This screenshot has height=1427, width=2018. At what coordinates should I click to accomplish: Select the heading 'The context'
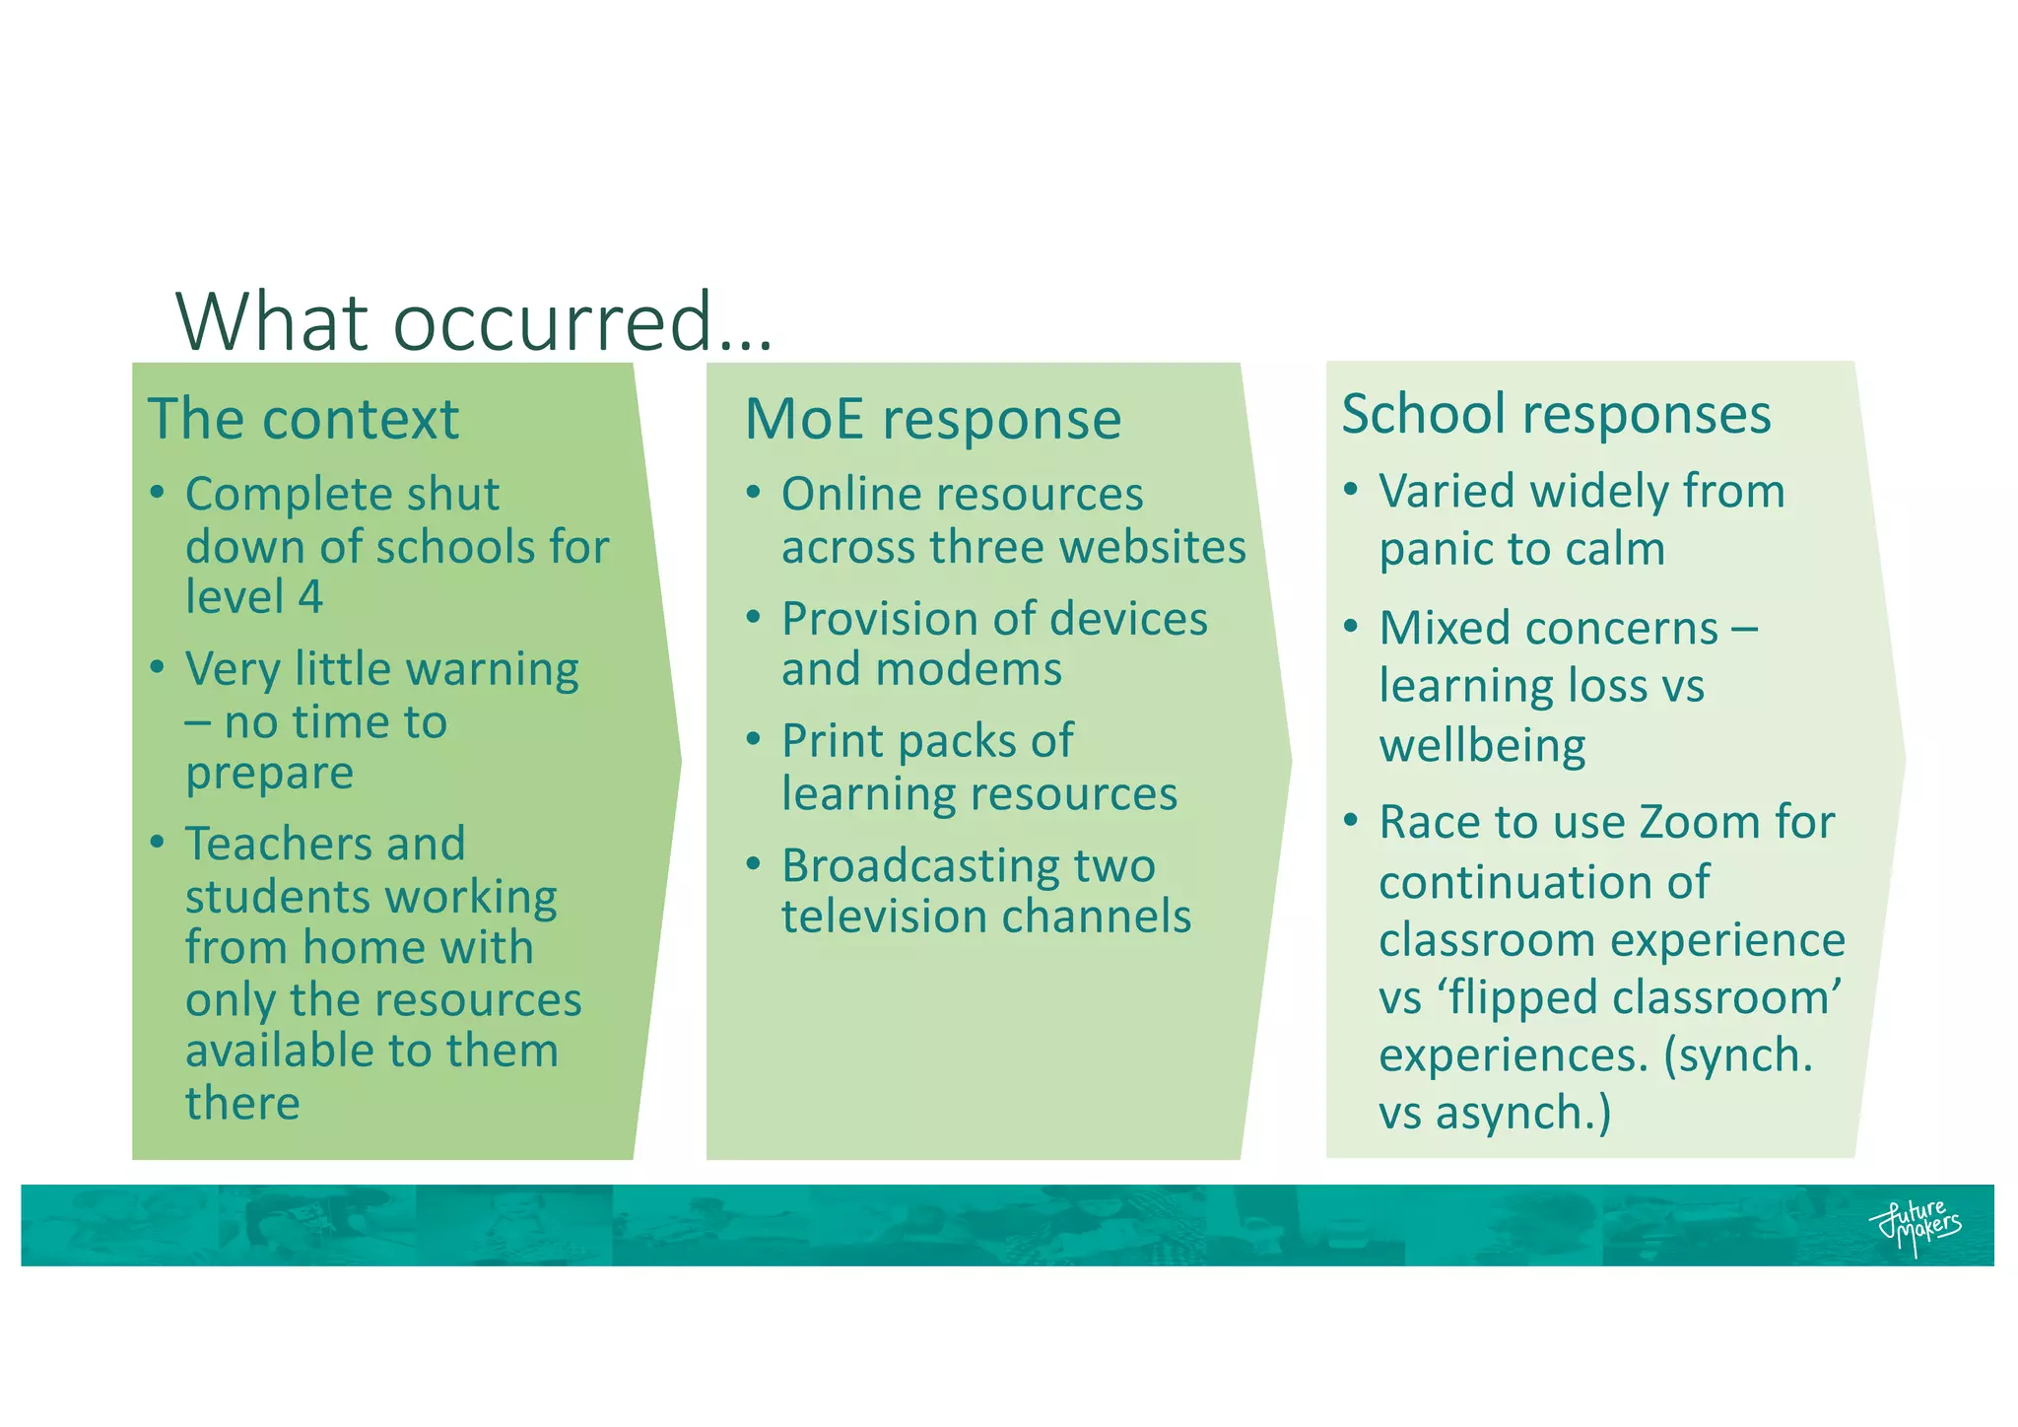point(303,419)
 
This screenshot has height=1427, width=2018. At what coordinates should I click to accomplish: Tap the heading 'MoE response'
point(932,419)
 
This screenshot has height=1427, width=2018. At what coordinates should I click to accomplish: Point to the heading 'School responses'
point(1556,414)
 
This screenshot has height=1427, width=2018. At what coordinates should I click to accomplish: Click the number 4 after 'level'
point(310,597)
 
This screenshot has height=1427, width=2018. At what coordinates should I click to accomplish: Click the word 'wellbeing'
point(1482,745)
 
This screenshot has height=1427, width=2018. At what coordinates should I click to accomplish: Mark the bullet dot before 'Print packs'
point(754,738)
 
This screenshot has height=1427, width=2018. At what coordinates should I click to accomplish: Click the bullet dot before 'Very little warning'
point(158,667)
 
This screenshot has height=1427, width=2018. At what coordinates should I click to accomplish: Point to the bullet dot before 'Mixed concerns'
point(1351,626)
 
